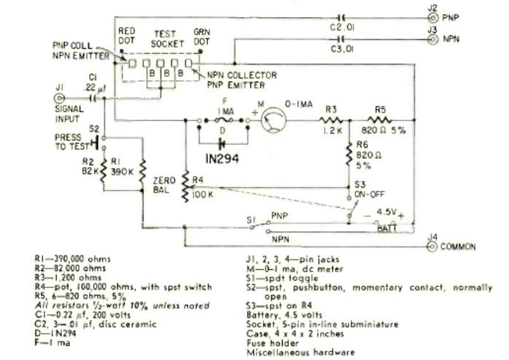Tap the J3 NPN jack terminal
coord(432,39)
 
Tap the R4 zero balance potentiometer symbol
coord(186,187)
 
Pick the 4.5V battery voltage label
coord(386,212)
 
